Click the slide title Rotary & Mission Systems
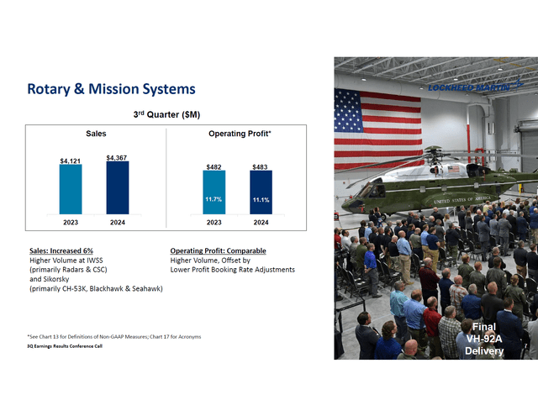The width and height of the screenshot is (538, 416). click(x=111, y=89)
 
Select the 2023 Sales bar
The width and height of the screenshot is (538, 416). click(x=71, y=189)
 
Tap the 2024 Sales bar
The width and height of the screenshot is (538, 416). click(x=118, y=187)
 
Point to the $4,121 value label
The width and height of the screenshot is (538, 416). click(x=71, y=160)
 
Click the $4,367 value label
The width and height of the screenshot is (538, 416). click(x=118, y=157)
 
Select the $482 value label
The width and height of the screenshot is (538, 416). click(x=214, y=166)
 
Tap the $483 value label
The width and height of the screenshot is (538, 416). click(x=261, y=166)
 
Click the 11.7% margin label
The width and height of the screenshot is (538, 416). click(x=214, y=199)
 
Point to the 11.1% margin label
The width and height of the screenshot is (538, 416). click(x=261, y=199)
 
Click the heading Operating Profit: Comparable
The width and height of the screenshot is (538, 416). click(x=218, y=250)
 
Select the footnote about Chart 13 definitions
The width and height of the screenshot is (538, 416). click(x=114, y=336)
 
